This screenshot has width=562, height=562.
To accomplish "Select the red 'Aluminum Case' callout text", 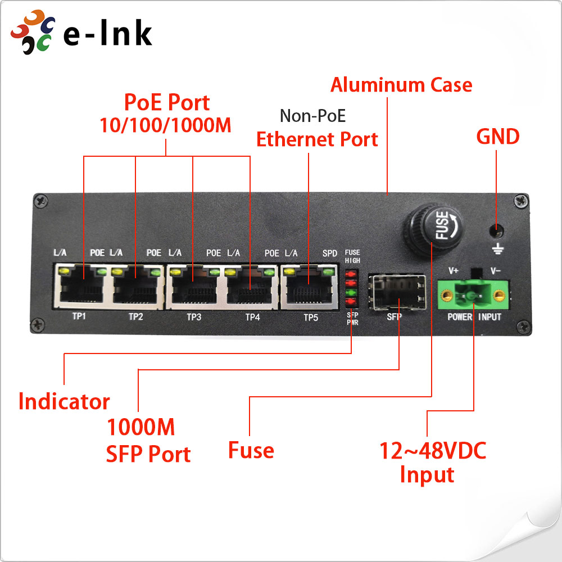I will tap(401, 85).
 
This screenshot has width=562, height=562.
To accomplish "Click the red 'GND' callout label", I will tap(497, 137).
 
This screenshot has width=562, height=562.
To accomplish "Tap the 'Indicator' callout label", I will tap(64, 402).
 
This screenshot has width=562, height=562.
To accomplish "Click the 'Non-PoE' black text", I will tap(312, 116).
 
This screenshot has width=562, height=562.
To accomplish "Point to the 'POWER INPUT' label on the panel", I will tap(474, 317).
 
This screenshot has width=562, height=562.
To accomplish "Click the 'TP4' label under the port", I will tap(252, 317).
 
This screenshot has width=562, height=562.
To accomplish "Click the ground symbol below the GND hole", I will tap(496, 248).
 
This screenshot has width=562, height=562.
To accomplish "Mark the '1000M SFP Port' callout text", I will tap(148, 441).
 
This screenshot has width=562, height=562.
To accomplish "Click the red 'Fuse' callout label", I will tap(251, 450).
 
